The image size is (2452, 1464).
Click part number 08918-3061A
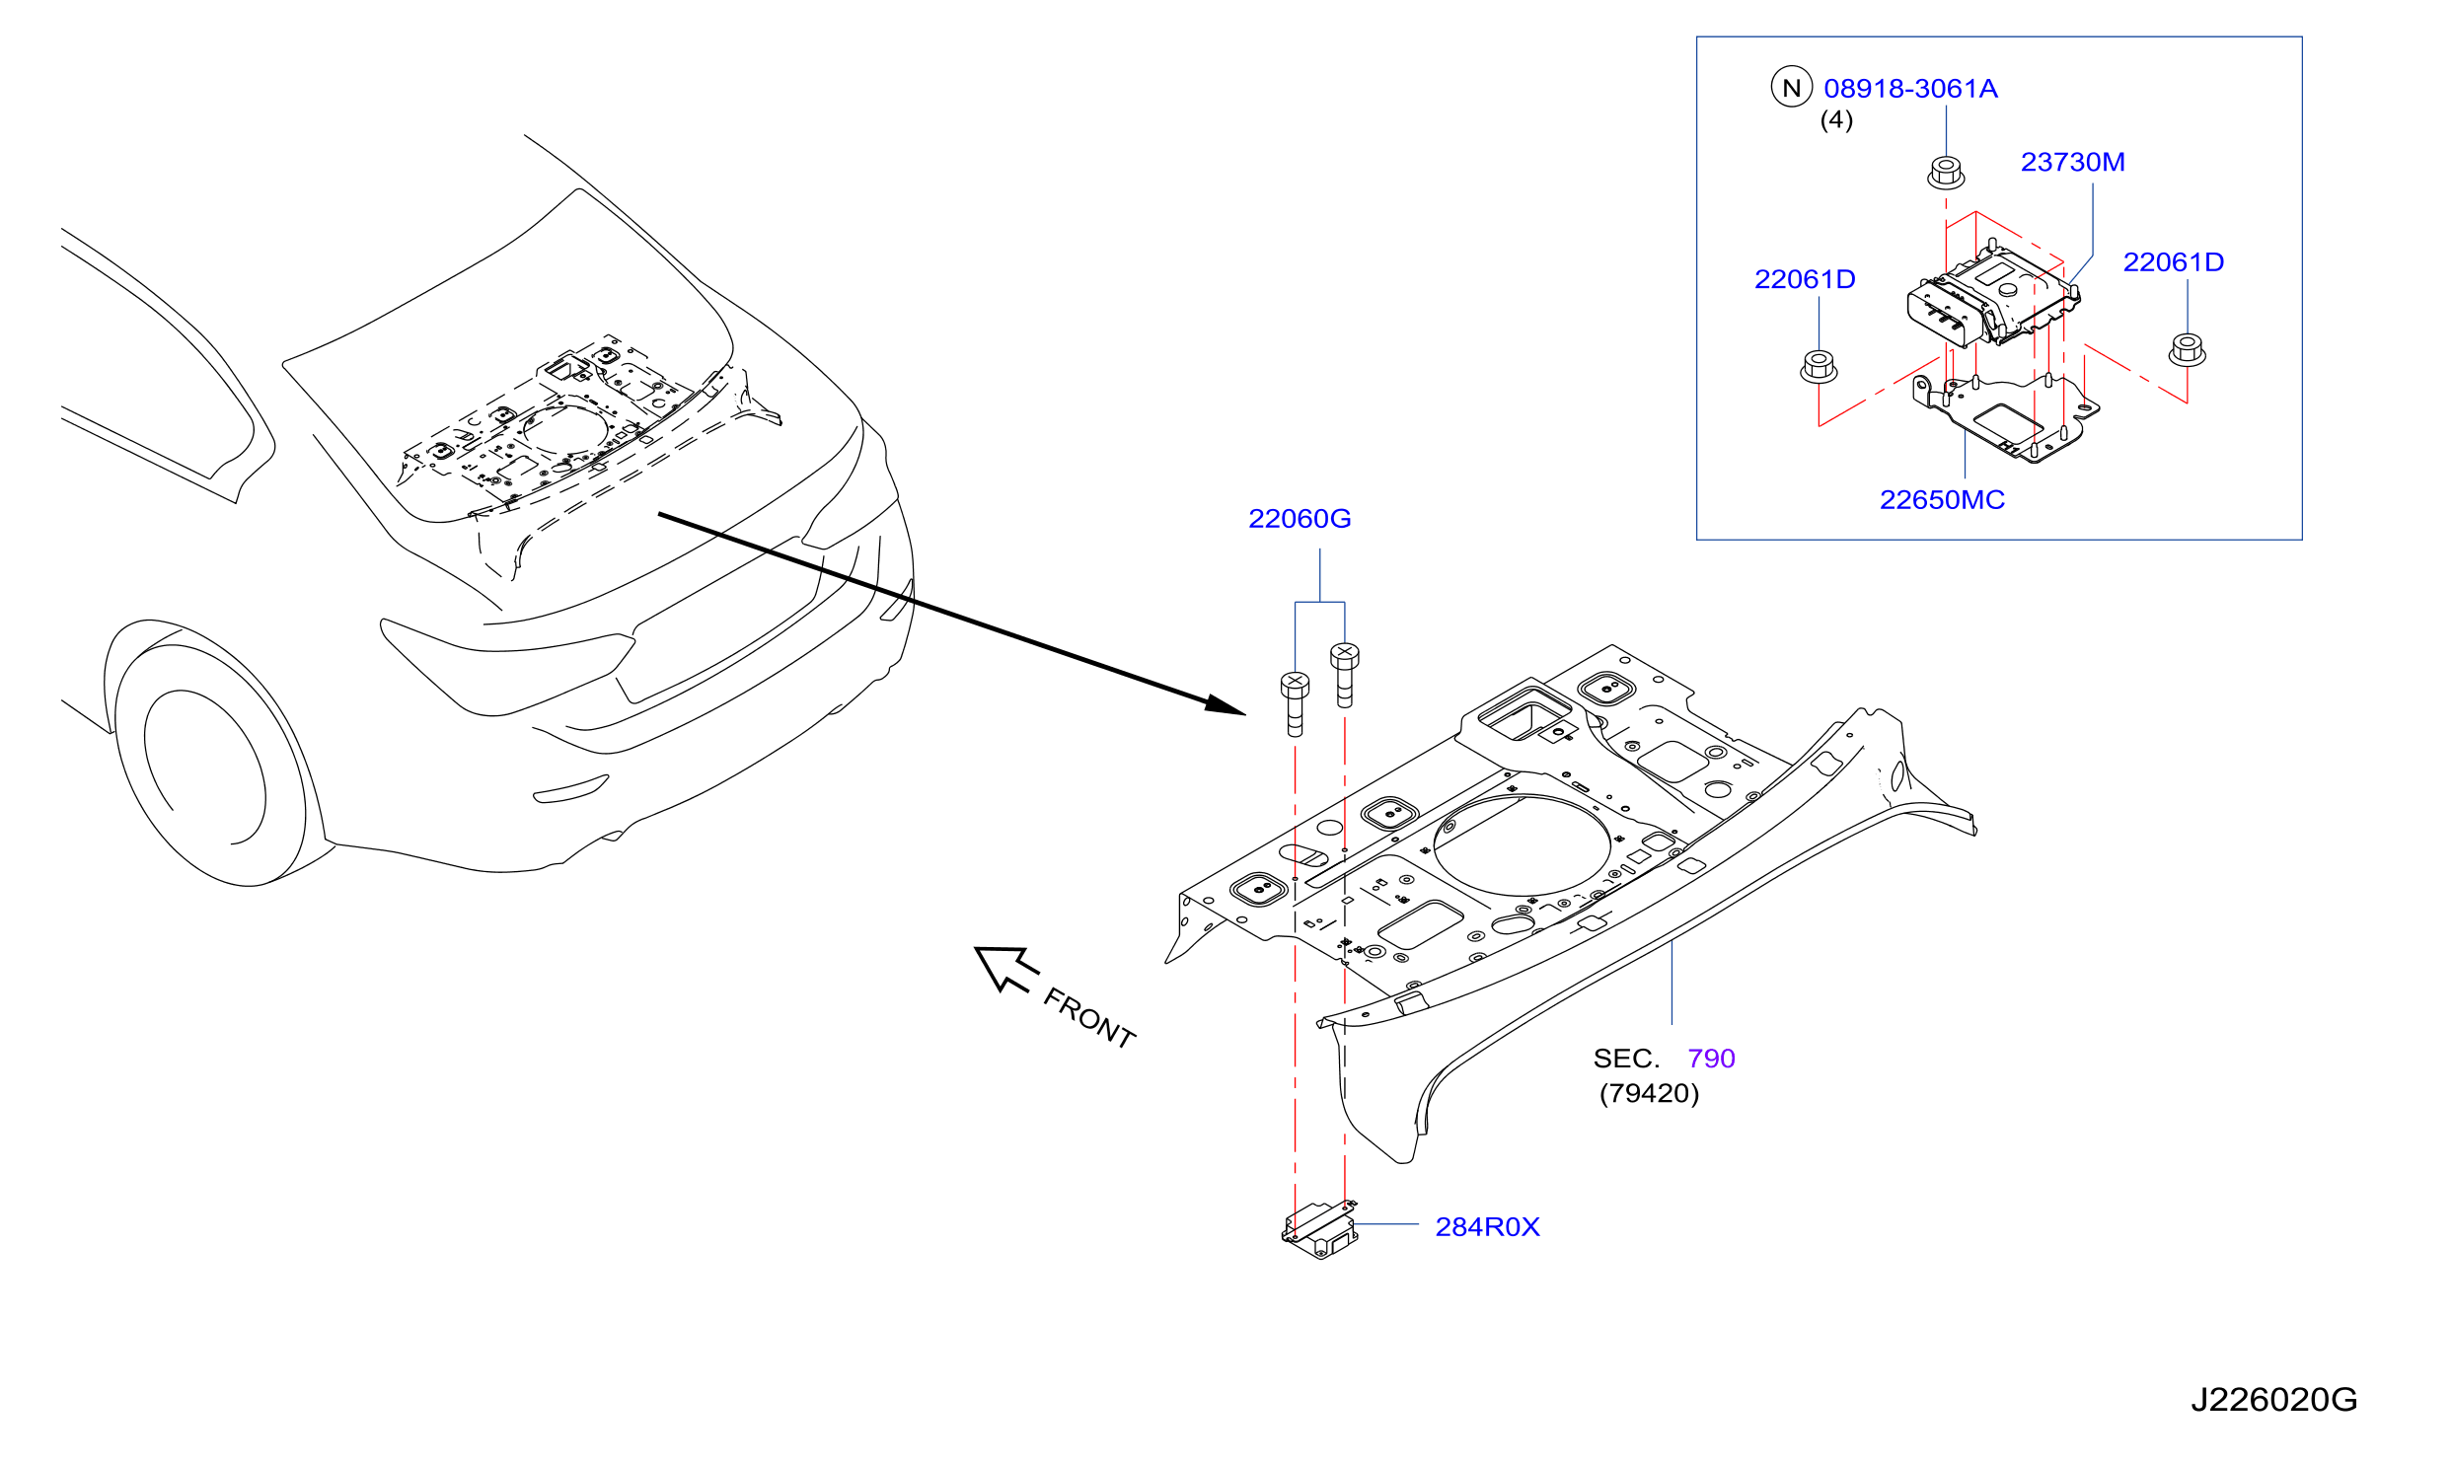point(1910,89)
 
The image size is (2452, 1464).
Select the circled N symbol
point(1792,87)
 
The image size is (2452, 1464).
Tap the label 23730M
point(2073,162)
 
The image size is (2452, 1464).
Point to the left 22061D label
point(1805,279)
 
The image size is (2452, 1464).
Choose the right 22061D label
point(2174,262)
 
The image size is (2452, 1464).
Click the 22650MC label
point(1942,500)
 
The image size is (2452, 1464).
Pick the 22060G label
point(1300,519)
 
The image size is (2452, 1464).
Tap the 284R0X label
point(1487,1227)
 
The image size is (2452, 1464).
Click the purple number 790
point(1711,1059)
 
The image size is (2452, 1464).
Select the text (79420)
point(1649,1093)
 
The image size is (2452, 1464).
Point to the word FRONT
point(1089,1018)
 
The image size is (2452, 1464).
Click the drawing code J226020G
point(2274,1400)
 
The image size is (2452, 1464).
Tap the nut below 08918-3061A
point(1946,173)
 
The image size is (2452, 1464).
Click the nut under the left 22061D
point(1819,366)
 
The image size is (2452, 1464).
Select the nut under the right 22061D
point(2188,350)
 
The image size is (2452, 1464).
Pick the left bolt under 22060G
point(1295,704)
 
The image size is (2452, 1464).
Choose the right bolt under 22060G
point(1344,675)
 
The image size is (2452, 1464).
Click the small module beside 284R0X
point(1319,1229)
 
